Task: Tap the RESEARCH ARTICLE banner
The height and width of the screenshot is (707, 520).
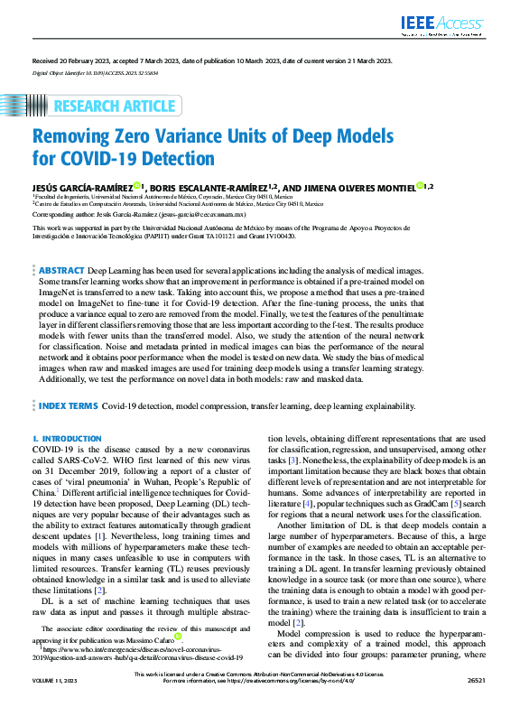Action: tap(114, 107)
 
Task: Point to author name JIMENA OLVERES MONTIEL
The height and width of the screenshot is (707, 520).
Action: tap(361, 186)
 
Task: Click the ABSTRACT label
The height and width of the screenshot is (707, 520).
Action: tap(62, 270)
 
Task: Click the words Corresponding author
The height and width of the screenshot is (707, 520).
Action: tap(63, 217)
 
